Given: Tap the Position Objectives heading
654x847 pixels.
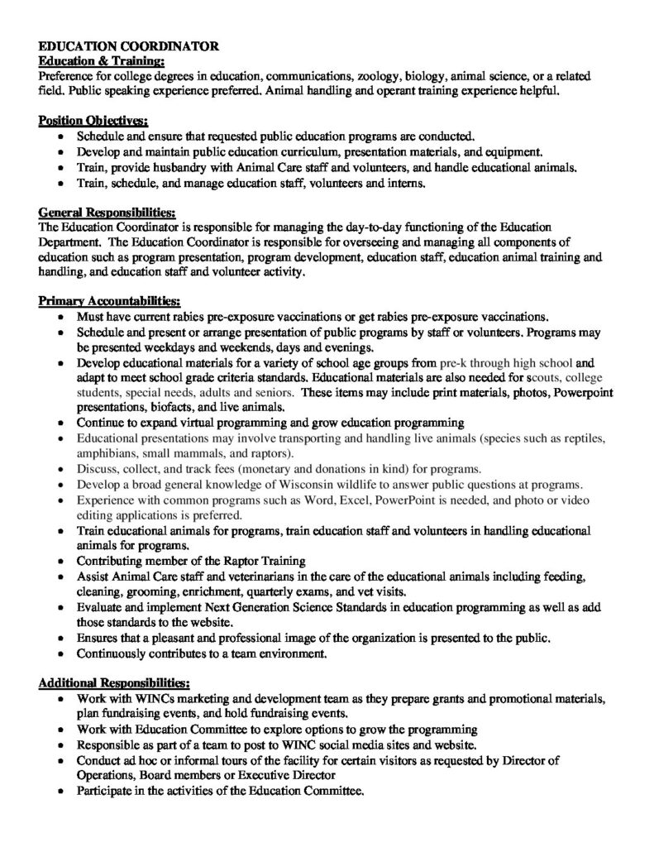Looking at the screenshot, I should point(93,121).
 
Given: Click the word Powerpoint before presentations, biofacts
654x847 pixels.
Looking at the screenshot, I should point(579,392).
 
